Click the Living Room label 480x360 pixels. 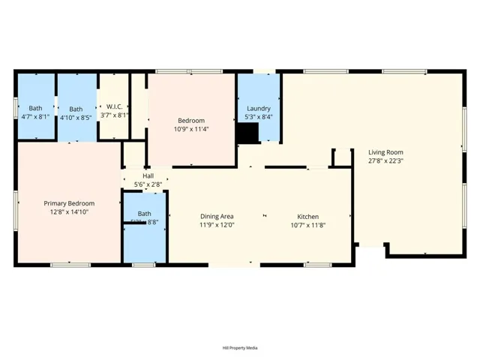point(385,152)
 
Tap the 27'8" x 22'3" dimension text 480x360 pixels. point(385,160)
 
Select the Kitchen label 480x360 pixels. point(307,217)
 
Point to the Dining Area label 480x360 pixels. point(217,217)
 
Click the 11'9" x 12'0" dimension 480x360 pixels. point(217,225)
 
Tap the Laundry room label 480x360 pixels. point(259,109)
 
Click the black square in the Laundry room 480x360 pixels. point(247,133)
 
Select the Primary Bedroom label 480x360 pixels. point(69,203)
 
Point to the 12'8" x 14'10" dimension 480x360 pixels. point(69,212)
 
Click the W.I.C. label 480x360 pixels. point(114,106)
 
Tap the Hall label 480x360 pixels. point(148,176)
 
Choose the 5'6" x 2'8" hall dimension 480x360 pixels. point(148,184)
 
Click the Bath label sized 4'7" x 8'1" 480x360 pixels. point(35,109)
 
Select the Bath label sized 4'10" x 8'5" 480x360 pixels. point(76,109)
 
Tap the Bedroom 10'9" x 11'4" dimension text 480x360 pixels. point(192,129)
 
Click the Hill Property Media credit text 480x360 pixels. point(240,347)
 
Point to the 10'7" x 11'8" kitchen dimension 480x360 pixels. point(307,225)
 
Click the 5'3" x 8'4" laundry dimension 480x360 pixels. point(259,117)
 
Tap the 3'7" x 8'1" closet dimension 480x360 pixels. point(114,115)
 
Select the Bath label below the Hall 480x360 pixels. point(144,214)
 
